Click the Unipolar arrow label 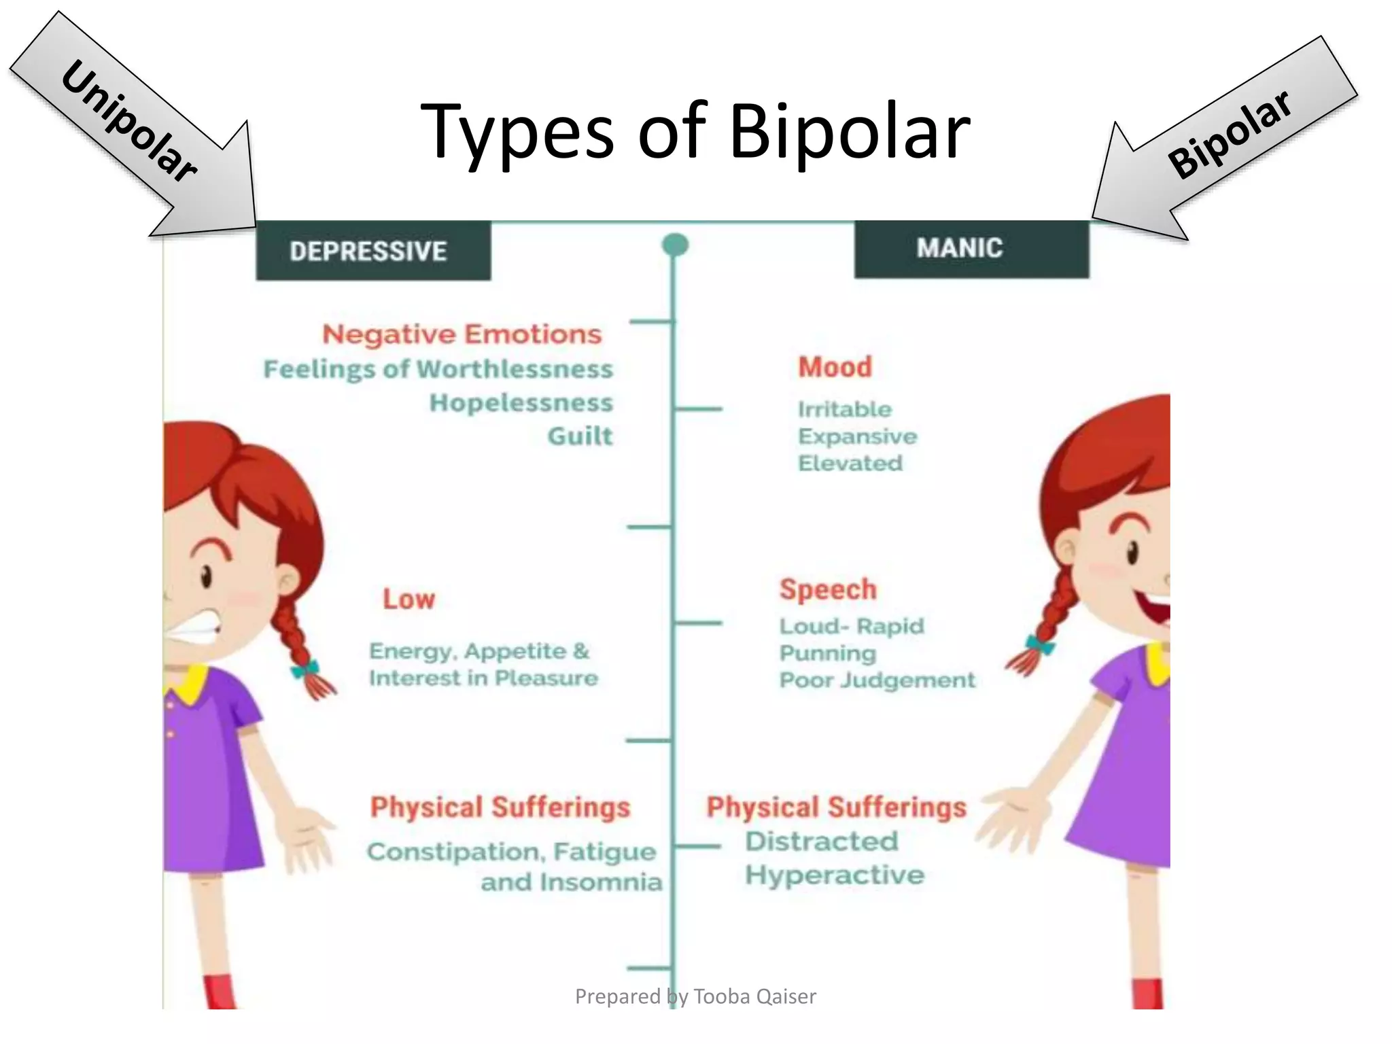[129, 121]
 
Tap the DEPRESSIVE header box [372, 251]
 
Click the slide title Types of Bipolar [695, 130]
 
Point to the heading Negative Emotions [462, 334]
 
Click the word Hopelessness [521, 403]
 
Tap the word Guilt [580, 436]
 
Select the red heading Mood [835, 367]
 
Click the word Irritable [844, 409]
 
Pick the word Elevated [850, 464]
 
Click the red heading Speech [828, 589]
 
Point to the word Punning [827, 653]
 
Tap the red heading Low [408, 599]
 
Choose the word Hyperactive [835, 875]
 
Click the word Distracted [821, 841]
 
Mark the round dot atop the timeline [675, 245]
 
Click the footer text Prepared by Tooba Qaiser [695, 996]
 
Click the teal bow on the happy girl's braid [1040, 643]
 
